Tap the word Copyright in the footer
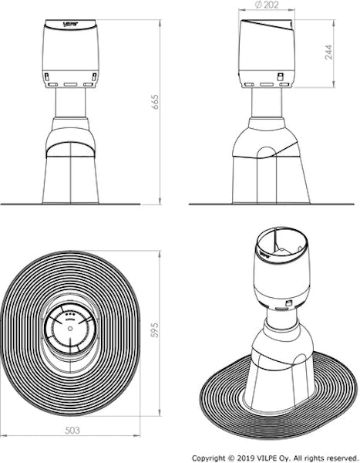point(209,456)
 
